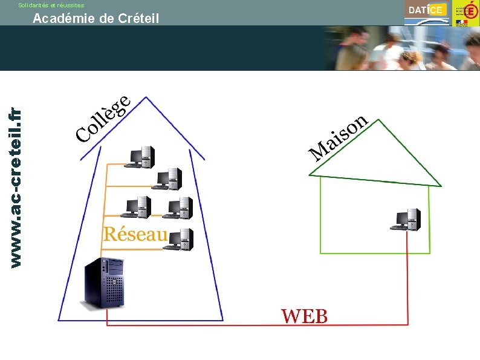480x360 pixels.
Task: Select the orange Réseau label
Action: pyautogui.click(x=134, y=234)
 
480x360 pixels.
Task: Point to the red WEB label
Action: pyautogui.click(x=304, y=316)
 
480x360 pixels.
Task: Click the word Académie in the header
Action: pyautogui.click(x=63, y=19)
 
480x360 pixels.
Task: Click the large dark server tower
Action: pyautogui.click(x=105, y=283)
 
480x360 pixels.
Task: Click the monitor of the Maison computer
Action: pyautogui.click(x=401, y=218)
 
